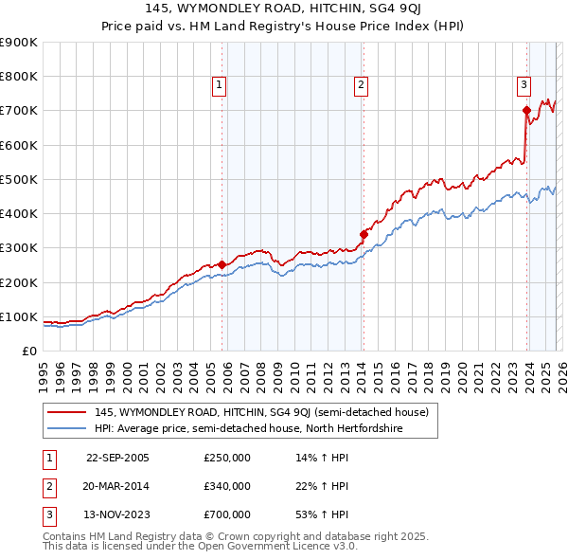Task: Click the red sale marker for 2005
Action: tap(222, 264)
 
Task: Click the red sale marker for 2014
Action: tap(364, 233)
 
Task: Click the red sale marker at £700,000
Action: tap(525, 110)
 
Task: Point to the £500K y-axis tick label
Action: tap(19, 179)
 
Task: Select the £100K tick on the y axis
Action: tap(19, 316)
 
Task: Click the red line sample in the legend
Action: tap(67, 412)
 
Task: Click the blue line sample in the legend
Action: tap(67, 429)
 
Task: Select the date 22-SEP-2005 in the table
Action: tap(117, 458)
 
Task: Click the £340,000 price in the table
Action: tap(226, 486)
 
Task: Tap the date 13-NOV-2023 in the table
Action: tap(117, 514)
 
